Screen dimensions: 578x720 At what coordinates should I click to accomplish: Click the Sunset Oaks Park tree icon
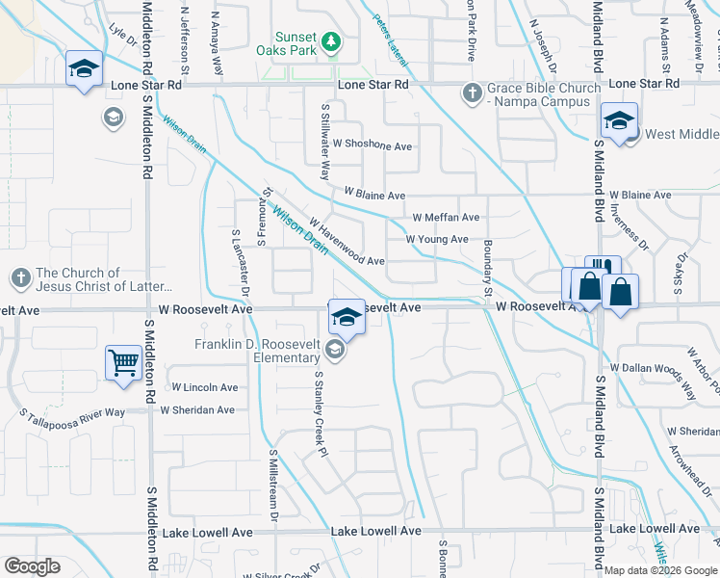pos(331,40)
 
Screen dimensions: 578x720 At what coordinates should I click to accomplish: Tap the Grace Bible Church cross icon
pos(472,92)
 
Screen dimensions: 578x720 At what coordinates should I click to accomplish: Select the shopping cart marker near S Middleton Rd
pos(124,364)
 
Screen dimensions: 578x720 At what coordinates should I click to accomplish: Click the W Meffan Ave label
pos(446,218)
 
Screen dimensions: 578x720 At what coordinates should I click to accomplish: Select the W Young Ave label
pos(437,239)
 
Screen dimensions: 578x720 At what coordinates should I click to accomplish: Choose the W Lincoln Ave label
pos(204,387)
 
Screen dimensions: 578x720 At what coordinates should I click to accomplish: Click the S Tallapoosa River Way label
pos(73,413)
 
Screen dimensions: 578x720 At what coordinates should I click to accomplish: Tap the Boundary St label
pos(488,268)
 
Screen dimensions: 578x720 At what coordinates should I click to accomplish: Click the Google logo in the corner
pos(32,566)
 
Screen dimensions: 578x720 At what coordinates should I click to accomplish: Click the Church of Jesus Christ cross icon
pos(20,279)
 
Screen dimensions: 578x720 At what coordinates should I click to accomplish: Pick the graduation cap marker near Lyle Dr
pos(84,69)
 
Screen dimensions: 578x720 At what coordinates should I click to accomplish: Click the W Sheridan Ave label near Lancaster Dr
pos(197,409)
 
